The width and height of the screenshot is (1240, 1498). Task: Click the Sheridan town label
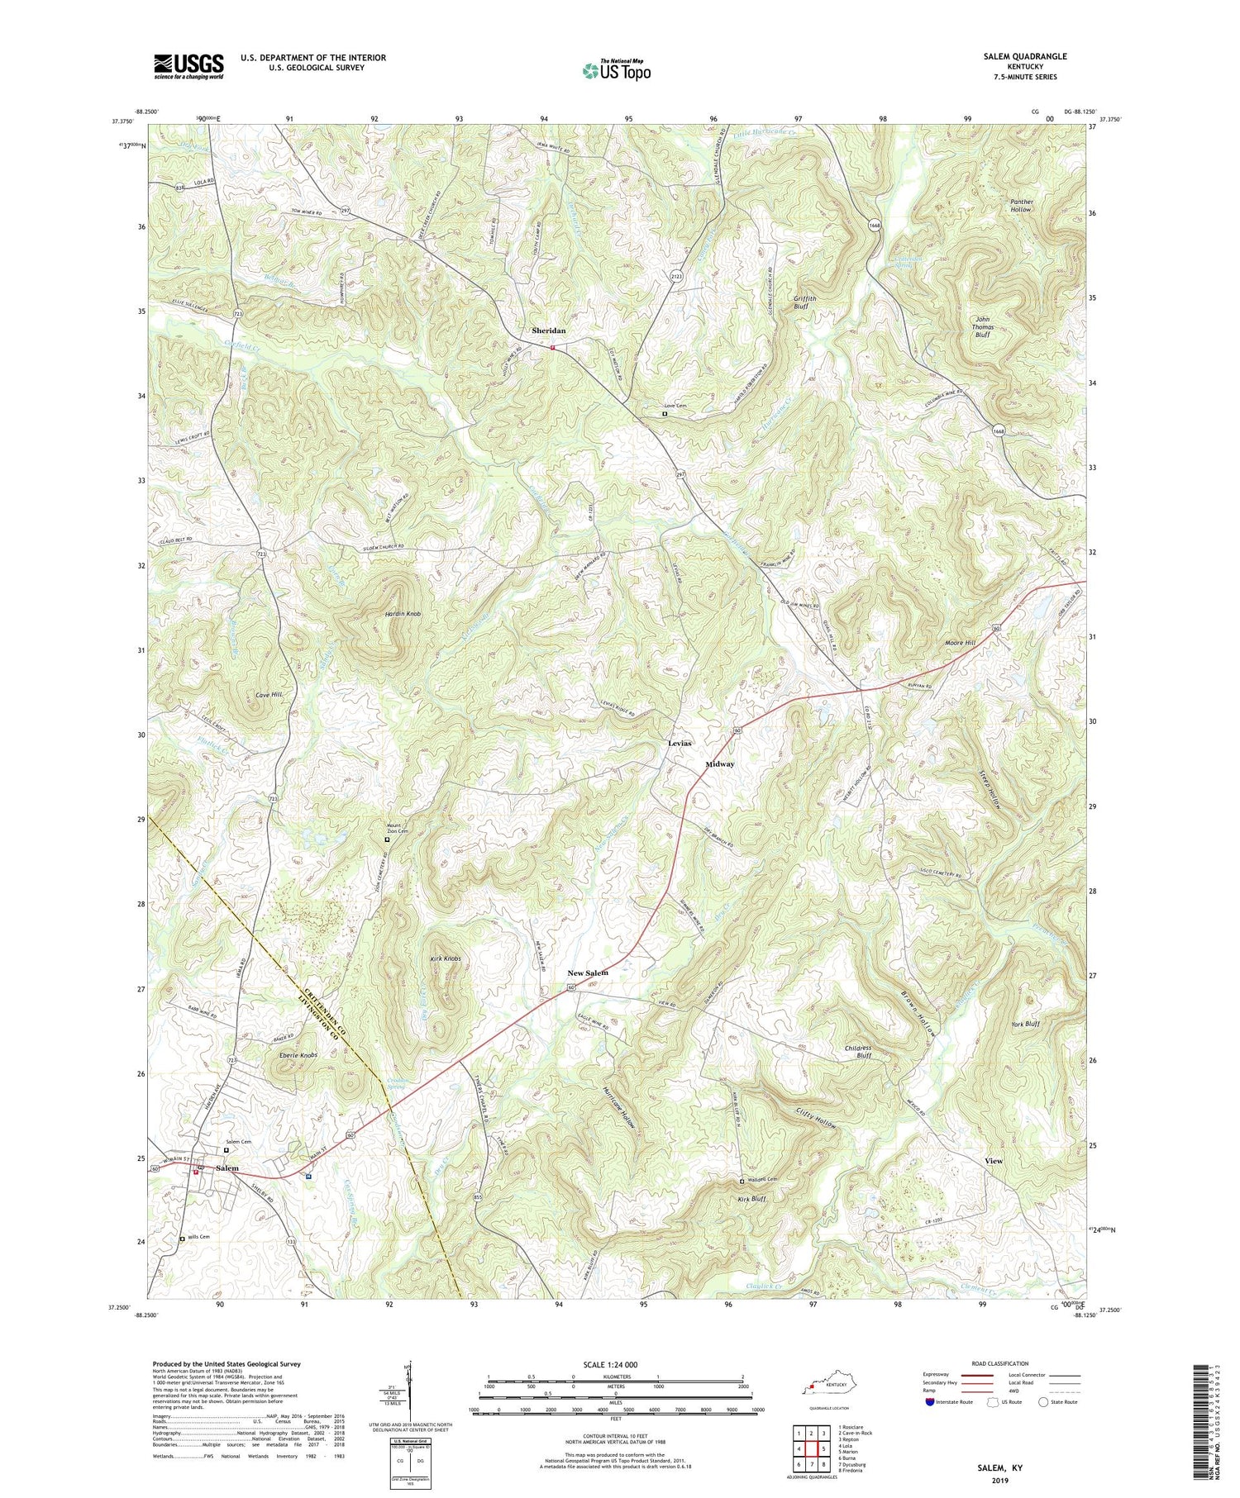pos(549,331)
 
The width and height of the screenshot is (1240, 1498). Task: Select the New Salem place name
pos(588,973)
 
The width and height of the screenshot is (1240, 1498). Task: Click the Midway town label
pos(720,764)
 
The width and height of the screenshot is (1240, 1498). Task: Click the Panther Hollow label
pos(1020,205)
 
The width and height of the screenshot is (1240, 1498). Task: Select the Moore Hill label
pos(960,642)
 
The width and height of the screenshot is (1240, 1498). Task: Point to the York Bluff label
pos(1025,1024)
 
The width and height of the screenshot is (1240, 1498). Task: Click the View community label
pos(994,1161)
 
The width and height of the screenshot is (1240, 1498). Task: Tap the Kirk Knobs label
pos(445,958)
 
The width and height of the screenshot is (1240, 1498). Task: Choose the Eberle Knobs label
pos(298,1055)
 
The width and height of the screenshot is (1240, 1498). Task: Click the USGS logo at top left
pos(188,66)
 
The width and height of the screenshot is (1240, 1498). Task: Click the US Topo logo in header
pos(617,69)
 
